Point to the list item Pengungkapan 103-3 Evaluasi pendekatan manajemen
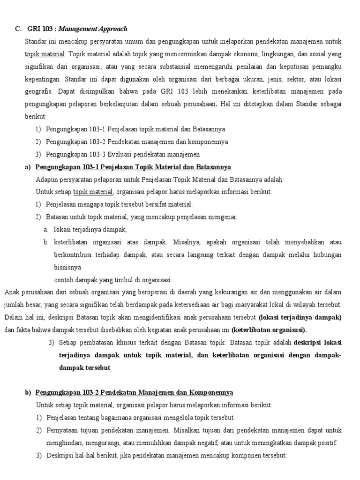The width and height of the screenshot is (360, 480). [x=123, y=154]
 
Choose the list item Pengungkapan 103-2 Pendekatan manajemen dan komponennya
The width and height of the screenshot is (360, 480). [x=137, y=142]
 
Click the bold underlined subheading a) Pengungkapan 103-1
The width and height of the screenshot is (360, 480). [x=133, y=167]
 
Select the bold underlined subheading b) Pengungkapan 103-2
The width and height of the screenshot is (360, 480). [x=134, y=392]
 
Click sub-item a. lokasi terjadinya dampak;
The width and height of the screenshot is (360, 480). [x=90, y=229]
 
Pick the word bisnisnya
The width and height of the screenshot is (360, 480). [x=68, y=267]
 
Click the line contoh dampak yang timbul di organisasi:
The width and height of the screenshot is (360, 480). [x=112, y=280]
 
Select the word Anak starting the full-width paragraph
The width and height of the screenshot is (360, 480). [x=12, y=292]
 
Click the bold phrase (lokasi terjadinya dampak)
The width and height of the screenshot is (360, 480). [x=300, y=317]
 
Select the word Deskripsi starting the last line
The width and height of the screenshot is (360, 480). [x=60, y=456]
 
